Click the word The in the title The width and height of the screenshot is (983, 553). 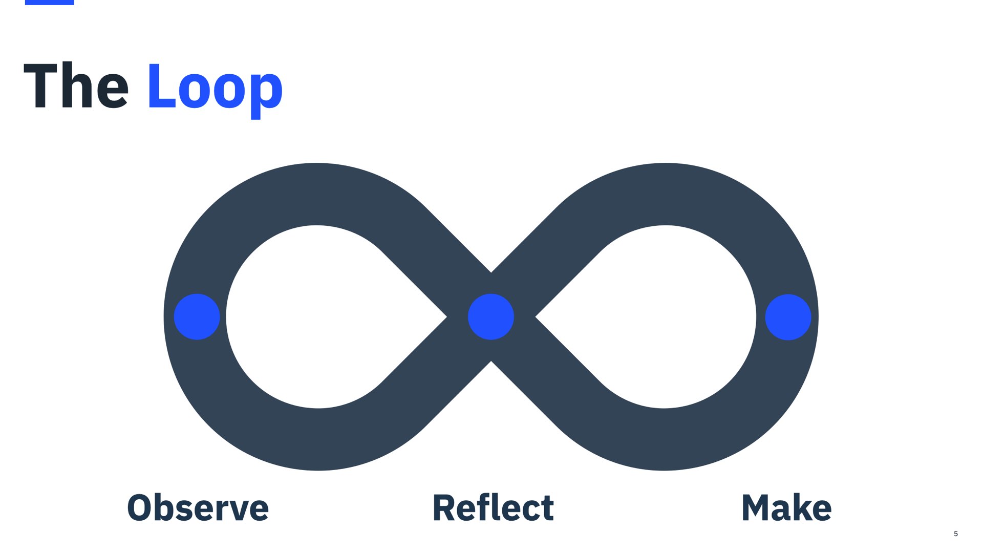click(x=76, y=86)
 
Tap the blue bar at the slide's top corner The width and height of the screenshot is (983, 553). click(x=50, y=2)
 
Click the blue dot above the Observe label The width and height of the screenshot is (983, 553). click(x=197, y=317)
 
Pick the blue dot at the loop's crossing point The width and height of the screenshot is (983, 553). click(x=491, y=317)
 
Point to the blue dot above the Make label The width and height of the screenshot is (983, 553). click(x=788, y=317)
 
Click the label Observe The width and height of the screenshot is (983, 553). click(x=198, y=508)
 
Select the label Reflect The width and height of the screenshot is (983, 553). click(x=493, y=508)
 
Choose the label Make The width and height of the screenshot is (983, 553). click(x=786, y=508)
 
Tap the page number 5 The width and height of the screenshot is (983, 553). click(x=956, y=534)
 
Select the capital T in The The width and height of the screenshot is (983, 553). click(x=40, y=86)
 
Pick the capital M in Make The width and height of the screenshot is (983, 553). click(x=757, y=508)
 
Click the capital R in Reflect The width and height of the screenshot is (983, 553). click(x=444, y=508)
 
